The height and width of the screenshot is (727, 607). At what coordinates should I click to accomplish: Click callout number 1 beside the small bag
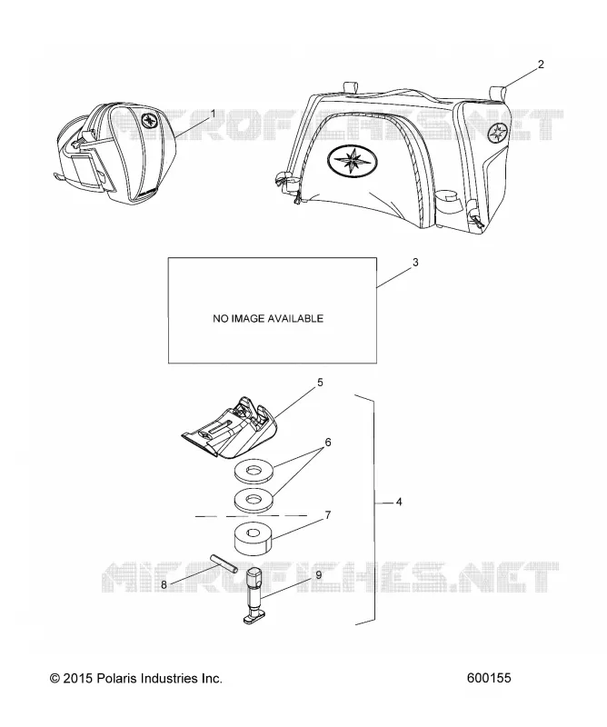pyautogui.click(x=213, y=114)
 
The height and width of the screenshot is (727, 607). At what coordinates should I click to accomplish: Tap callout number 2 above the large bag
pyautogui.click(x=541, y=65)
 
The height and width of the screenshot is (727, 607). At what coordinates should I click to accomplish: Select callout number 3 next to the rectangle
pyautogui.click(x=415, y=263)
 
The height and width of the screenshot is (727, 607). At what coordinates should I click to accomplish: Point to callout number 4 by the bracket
pyautogui.click(x=399, y=502)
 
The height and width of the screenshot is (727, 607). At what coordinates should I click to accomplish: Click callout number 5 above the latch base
pyautogui.click(x=320, y=383)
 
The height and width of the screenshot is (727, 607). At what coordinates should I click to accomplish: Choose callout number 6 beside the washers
pyautogui.click(x=328, y=443)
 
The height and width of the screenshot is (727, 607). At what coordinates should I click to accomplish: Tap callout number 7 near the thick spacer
pyautogui.click(x=328, y=514)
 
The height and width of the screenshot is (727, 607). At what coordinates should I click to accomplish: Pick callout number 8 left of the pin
pyautogui.click(x=164, y=585)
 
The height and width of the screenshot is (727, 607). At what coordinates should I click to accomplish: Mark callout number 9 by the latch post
pyautogui.click(x=319, y=575)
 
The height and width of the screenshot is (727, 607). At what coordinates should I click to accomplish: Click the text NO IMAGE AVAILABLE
pyautogui.click(x=268, y=319)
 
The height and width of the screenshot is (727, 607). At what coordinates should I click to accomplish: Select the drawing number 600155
pyautogui.click(x=489, y=678)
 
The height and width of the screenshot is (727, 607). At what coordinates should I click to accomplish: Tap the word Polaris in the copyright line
pyautogui.click(x=114, y=678)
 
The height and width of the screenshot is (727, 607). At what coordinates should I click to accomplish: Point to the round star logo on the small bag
pyautogui.click(x=150, y=120)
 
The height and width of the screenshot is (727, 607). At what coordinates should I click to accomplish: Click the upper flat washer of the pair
pyautogui.click(x=254, y=473)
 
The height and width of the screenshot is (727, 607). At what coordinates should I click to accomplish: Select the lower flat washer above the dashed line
pyautogui.click(x=254, y=500)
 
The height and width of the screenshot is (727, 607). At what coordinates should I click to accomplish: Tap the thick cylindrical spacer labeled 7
pyautogui.click(x=254, y=539)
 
